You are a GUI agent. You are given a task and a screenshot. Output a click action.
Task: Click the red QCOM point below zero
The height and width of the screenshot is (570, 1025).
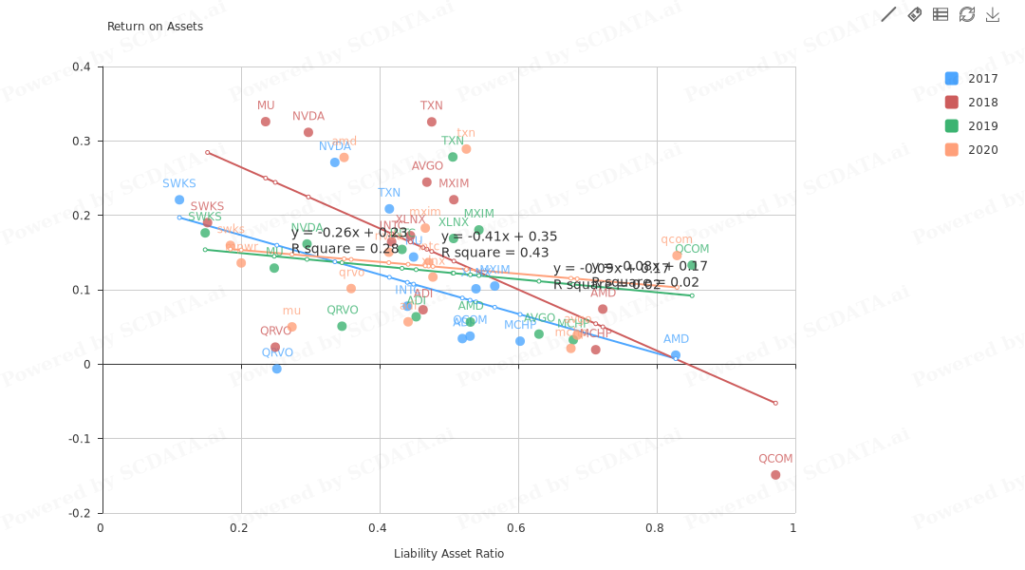coord(775,475)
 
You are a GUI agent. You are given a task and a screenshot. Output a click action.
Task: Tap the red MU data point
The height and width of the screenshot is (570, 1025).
coord(266,122)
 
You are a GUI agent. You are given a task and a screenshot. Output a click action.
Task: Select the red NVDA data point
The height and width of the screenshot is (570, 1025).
coord(308,133)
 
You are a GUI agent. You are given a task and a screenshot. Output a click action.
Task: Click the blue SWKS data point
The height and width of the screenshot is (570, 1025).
coord(179,199)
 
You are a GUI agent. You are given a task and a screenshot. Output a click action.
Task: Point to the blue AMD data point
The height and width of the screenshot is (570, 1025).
coord(676,355)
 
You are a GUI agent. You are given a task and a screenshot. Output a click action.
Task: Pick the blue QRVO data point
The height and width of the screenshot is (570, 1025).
coord(277,369)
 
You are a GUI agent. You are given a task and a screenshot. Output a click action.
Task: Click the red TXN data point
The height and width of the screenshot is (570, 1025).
coord(432,122)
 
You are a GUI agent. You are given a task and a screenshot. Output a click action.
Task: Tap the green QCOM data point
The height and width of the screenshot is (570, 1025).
coord(692,266)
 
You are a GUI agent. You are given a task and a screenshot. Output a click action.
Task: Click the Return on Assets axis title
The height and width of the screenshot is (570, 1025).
coord(155,27)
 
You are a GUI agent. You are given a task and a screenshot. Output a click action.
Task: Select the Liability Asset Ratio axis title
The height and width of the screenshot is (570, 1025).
coord(449,554)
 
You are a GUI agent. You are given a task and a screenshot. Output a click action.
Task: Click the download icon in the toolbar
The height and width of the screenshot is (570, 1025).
coord(993,14)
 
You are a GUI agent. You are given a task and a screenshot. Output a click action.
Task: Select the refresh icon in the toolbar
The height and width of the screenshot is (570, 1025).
coord(967,14)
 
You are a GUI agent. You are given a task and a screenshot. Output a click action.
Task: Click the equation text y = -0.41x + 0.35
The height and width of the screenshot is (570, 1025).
coord(499,237)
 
